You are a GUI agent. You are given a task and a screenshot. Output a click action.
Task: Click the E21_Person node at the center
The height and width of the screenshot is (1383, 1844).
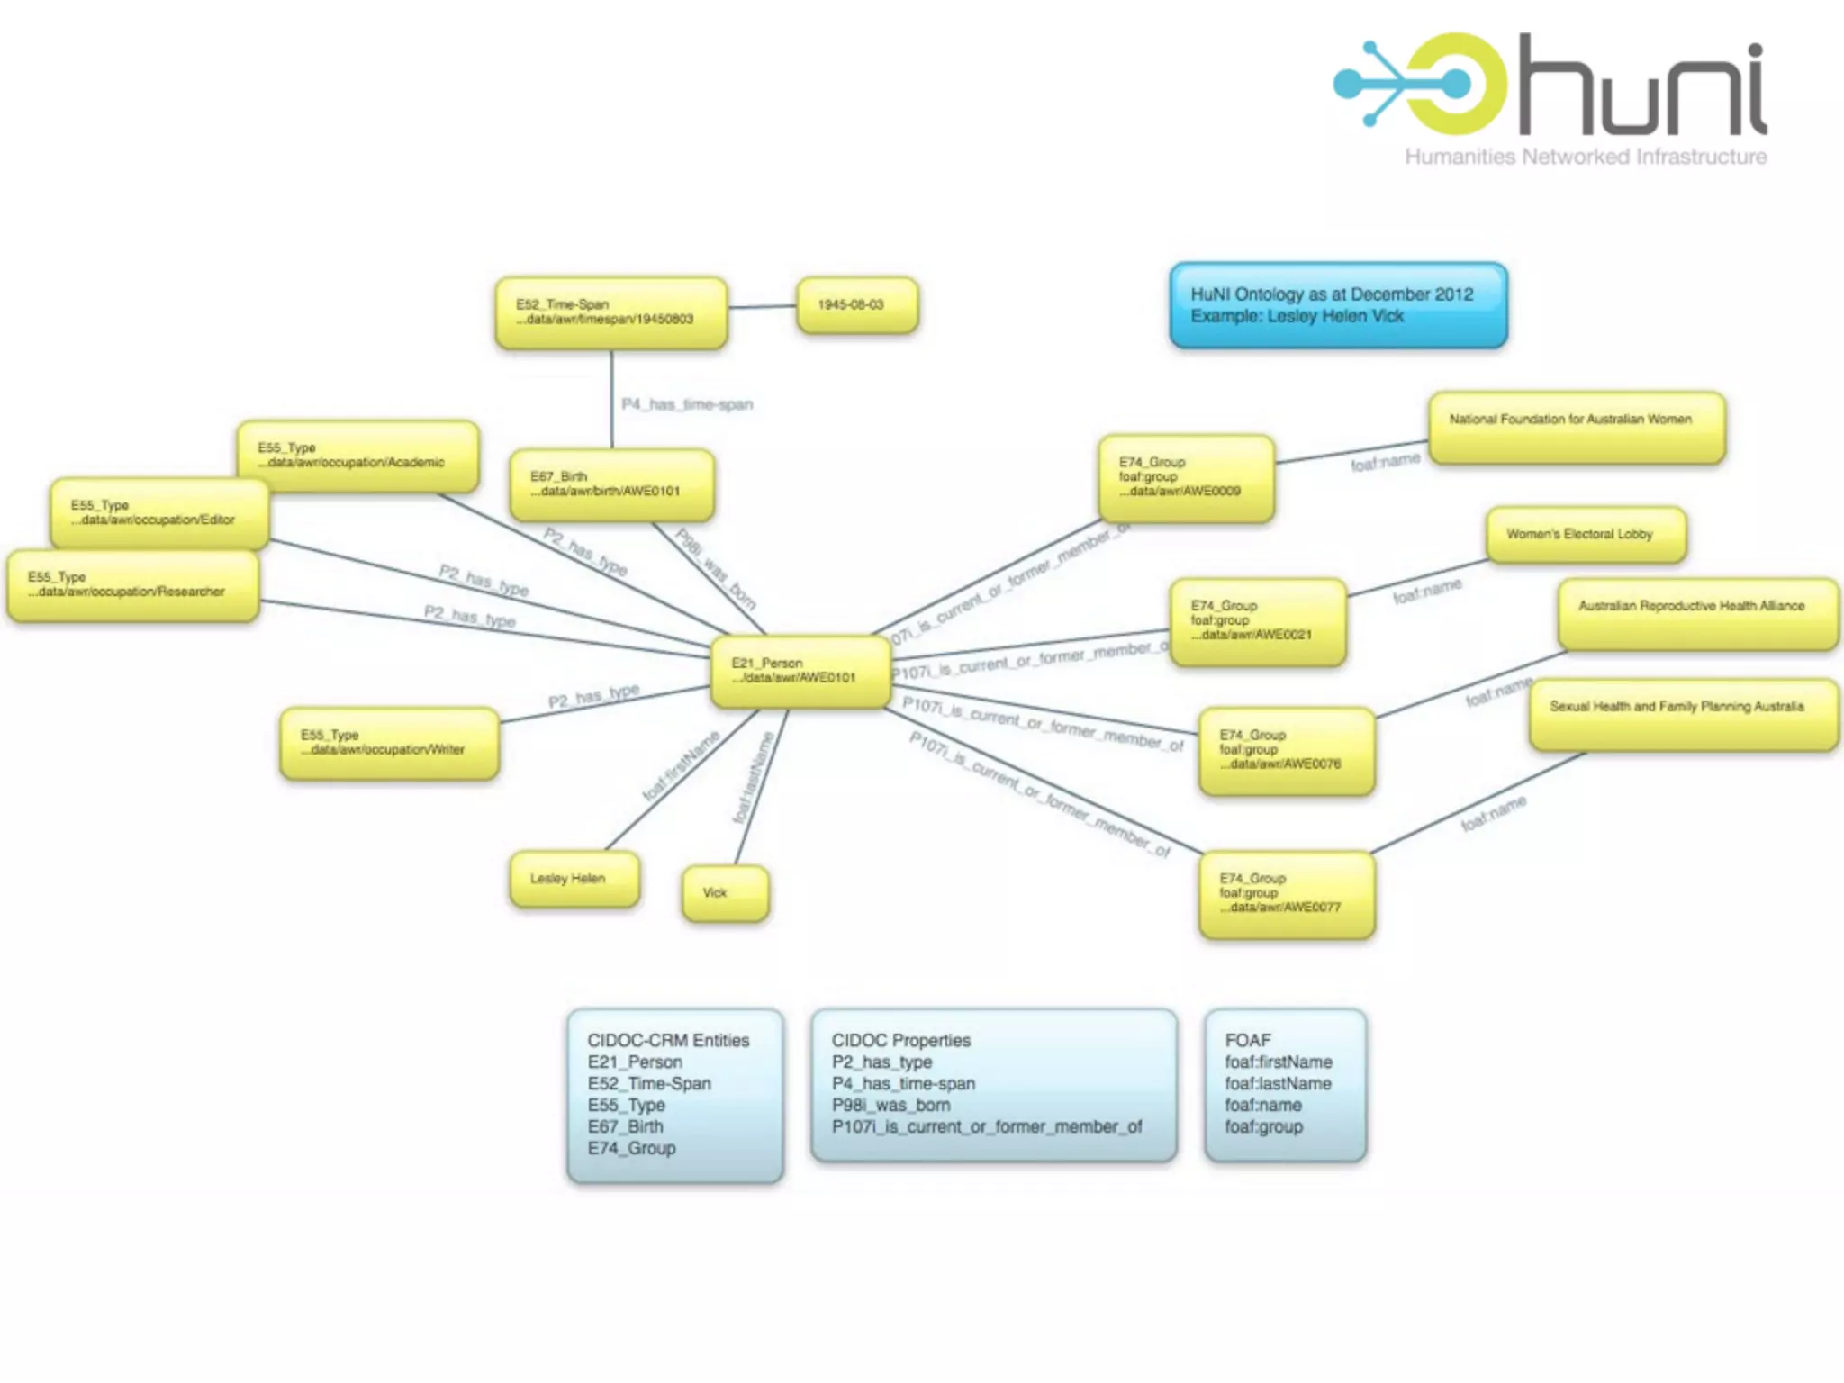pos(800,671)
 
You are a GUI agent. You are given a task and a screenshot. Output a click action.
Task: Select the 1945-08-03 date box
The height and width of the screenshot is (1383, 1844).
pos(857,305)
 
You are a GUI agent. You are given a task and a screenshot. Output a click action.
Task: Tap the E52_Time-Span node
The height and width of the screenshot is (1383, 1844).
pos(610,312)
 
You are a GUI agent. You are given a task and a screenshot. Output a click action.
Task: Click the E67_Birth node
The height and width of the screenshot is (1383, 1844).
pos(611,484)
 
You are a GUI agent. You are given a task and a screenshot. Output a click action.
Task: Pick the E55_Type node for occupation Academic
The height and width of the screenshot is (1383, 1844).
pos(357,456)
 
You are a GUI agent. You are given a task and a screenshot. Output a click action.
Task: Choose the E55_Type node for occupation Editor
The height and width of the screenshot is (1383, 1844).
pos(159,513)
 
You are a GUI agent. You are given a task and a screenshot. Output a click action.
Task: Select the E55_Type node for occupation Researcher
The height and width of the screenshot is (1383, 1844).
pos(132,585)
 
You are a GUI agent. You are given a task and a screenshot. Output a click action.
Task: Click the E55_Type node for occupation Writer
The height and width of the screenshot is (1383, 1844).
pos(389,743)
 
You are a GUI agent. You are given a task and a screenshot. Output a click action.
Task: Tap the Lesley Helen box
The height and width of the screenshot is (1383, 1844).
pos(574,879)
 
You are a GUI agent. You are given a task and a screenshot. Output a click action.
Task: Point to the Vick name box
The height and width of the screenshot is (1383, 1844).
pos(725,893)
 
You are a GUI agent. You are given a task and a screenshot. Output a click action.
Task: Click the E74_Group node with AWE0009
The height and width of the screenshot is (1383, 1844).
pos(1186,477)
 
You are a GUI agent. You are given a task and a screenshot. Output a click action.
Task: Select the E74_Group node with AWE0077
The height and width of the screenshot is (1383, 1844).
pos(1287,894)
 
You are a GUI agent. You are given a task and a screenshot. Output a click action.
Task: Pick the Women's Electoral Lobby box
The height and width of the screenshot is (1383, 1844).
pos(1586,535)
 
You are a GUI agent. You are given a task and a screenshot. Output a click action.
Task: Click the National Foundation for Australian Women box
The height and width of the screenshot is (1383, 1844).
pos(1577,427)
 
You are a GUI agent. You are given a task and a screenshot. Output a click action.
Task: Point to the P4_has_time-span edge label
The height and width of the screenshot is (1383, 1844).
pos(687,404)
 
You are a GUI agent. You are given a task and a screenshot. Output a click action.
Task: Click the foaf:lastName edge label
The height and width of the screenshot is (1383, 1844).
pos(753,778)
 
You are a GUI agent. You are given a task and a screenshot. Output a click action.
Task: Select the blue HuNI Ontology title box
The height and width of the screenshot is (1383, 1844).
pos(1338,305)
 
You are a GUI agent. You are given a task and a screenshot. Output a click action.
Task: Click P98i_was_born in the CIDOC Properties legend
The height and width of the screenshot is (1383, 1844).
pos(890,1105)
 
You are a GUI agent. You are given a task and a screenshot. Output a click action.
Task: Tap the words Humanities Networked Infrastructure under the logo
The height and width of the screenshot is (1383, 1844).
pos(1586,157)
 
